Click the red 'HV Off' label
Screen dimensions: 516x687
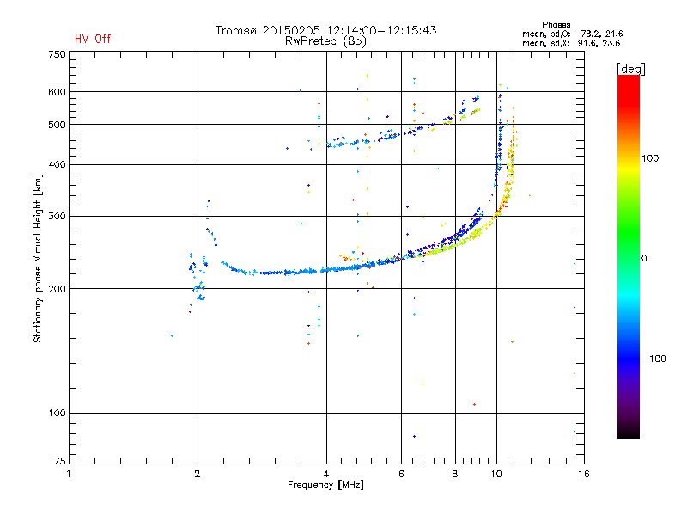(x=93, y=39)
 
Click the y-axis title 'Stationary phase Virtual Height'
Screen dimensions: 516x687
(x=38, y=258)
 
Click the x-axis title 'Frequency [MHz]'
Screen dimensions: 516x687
(x=325, y=486)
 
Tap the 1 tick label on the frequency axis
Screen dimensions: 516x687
(x=69, y=474)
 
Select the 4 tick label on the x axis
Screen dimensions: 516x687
(x=326, y=474)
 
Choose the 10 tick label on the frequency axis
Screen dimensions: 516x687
(x=496, y=474)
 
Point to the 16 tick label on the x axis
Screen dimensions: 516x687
(x=583, y=474)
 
